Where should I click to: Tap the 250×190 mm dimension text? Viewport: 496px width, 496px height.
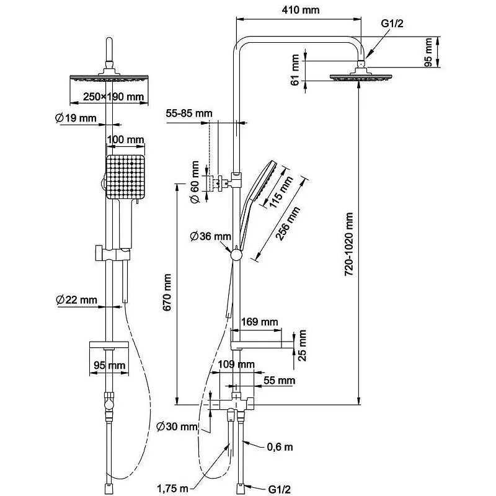tap(109, 97)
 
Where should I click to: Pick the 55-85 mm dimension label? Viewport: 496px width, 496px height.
tap(189, 113)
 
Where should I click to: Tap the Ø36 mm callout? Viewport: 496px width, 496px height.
tap(211, 236)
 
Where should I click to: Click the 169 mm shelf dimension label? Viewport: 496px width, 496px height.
tap(259, 322)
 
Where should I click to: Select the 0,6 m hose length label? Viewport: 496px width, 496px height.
tap(280, 446)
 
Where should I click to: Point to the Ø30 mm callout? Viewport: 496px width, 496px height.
tap(177, 427)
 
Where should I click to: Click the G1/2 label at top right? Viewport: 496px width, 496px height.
tap(392, 24)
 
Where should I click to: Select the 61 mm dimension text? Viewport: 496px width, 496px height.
tap(296, 68)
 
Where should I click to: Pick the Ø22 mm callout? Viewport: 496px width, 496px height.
tap(76, 300)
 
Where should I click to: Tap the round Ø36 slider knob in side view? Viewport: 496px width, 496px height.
tap(235, 254)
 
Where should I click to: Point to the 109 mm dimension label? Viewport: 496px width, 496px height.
tap(237, 364)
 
